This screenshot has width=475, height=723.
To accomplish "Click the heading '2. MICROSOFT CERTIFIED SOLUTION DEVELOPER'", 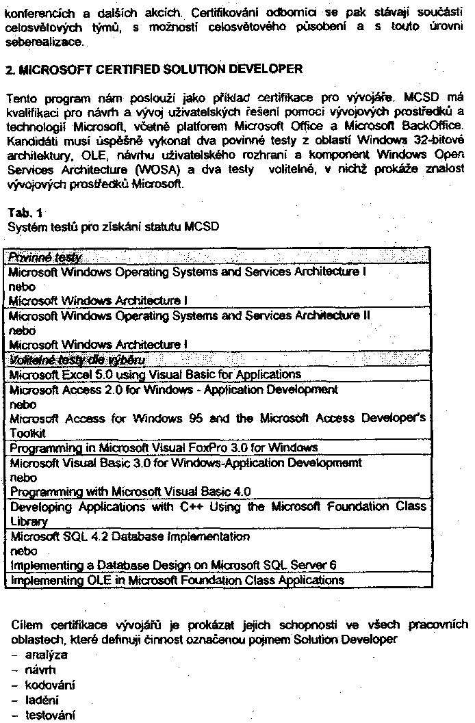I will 154,70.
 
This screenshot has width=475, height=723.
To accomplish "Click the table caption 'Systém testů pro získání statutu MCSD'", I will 114,226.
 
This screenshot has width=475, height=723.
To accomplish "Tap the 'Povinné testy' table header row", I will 45,258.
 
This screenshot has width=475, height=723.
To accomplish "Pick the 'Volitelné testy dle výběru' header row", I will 77,360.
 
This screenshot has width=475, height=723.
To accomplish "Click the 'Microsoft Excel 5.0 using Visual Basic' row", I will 155,374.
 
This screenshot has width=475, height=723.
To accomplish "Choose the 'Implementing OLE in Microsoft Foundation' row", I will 177,580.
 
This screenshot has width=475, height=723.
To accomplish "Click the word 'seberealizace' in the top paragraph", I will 44,42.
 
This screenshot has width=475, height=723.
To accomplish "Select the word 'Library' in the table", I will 28,521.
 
